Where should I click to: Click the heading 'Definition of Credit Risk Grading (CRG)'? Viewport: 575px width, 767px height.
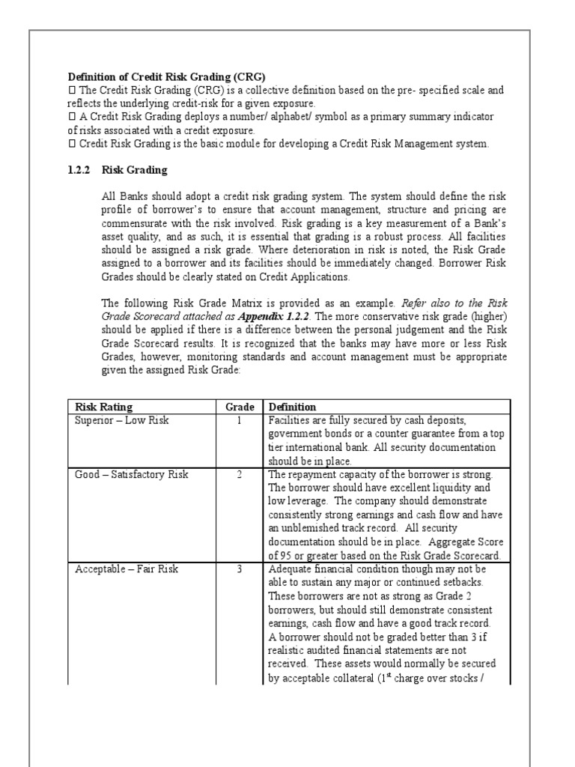pos(167,76)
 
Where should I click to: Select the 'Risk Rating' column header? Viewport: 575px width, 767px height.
pos(103,407)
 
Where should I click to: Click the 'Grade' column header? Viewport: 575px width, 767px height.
pos(239,407)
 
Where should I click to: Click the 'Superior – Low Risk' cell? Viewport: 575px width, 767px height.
pos(122,420)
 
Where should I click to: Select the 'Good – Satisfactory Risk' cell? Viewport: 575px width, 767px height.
pos(132,474)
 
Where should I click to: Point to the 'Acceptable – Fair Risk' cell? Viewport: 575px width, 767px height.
pos(127,569)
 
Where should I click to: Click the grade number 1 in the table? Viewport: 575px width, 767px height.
pos(239,420)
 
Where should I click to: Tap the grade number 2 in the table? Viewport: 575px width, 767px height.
pos(239,474)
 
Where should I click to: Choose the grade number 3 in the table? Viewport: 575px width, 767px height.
pos(239,569)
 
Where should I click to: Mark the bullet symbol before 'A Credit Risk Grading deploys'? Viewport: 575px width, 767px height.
pos(72,117)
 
